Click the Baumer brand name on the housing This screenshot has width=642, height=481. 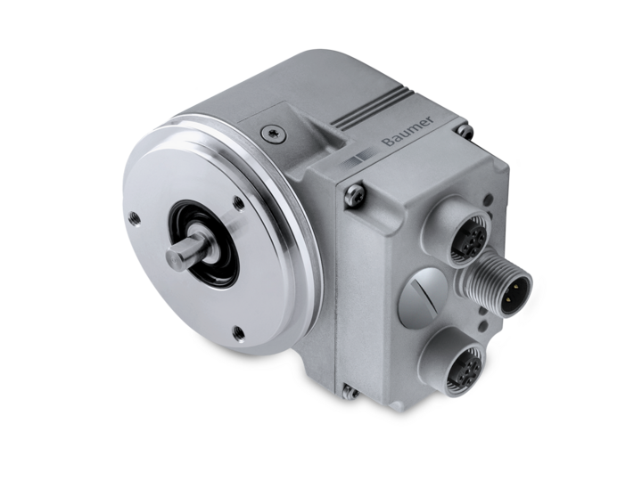[407, 131]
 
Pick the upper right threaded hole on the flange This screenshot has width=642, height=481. [238, 201]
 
